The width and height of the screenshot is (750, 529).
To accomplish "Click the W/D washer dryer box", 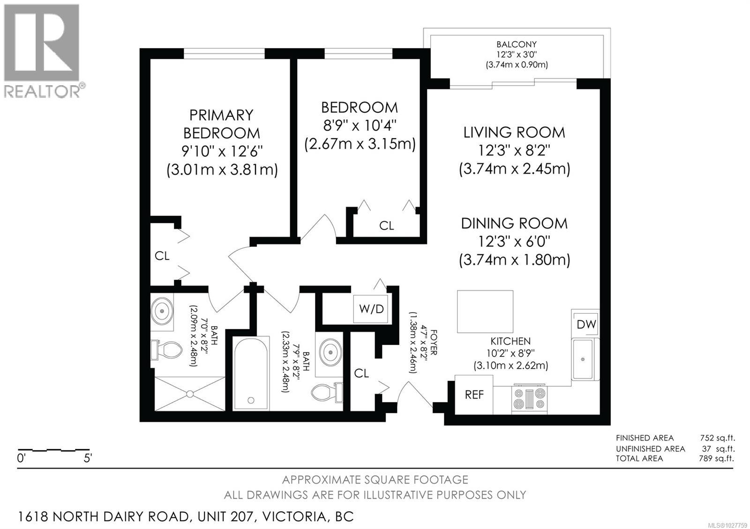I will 371,309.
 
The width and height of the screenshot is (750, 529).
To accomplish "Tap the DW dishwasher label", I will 586,324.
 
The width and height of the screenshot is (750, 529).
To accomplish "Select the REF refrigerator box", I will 474,395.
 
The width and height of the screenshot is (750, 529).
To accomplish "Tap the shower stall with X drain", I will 189,393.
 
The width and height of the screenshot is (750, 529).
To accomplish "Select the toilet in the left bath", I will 166,350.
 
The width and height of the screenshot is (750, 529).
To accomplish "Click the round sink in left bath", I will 162,311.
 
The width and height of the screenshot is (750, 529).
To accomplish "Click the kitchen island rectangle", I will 485,311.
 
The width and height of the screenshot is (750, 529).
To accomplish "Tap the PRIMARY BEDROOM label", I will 221,124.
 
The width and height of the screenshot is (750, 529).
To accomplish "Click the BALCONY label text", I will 517,44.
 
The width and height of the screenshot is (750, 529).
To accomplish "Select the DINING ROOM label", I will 514,223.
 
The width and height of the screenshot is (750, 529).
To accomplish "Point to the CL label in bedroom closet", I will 386,226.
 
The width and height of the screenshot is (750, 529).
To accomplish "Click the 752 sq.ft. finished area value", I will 716,438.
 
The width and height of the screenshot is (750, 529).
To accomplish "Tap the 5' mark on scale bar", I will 88,458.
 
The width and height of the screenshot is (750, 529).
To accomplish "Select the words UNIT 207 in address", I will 225,516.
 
